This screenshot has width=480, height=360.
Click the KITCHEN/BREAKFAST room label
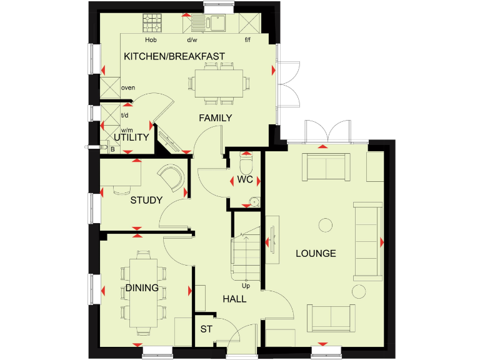[174, 56]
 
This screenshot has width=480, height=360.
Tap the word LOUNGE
[316, 253]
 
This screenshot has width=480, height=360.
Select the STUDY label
[146, 201]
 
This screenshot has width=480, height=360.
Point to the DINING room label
[142, 288]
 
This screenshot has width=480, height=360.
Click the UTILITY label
[131, 137]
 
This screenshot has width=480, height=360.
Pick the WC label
[244, 180]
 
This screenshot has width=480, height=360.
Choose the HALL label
[234, 299]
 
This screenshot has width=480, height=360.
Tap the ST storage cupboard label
[205, 329]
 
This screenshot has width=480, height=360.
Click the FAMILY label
[216, 117]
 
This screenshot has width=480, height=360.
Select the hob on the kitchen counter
[152, 24]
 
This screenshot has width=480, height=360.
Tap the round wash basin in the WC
[252, 201]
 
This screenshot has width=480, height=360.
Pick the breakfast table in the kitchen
[218, 82]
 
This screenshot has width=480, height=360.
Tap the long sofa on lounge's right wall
[367, 241]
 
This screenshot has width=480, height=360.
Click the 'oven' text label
[128, 87]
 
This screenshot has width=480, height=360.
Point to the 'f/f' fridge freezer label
[247, 39]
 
